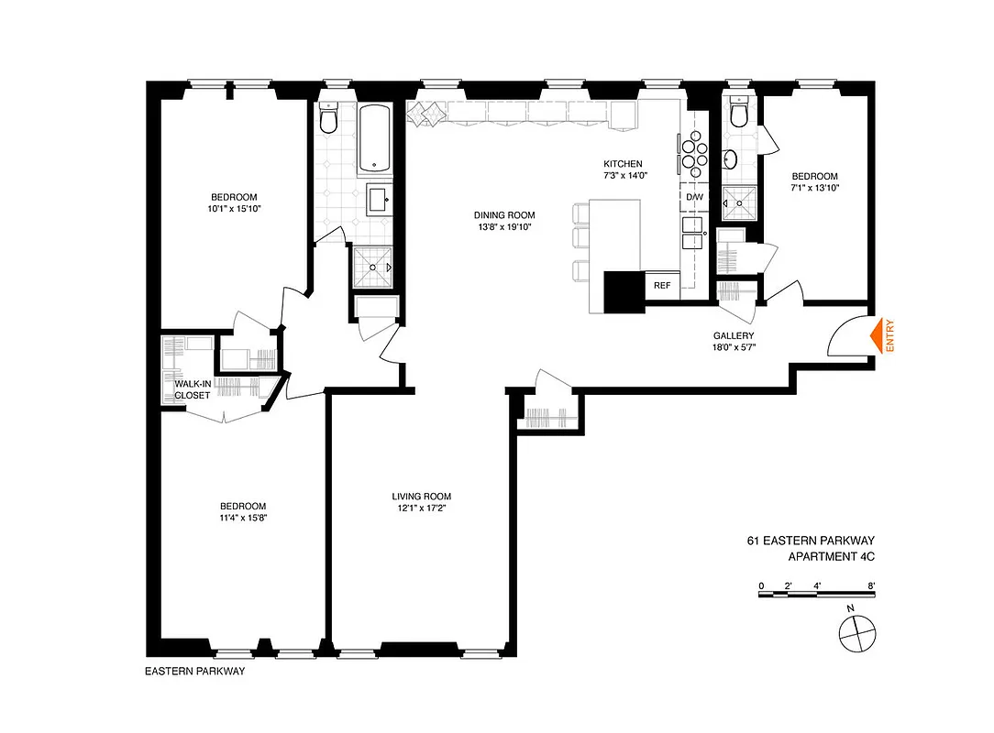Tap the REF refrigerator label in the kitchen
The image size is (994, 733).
pos(662,285)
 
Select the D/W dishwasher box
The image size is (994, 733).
pos(693,197)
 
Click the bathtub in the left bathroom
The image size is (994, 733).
pos(375,138)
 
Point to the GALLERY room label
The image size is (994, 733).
pos(734,335)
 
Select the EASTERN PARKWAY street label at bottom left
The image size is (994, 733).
pos(194,672)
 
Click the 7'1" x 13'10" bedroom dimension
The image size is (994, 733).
pos(814,188)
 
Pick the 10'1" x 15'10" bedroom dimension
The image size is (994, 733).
pos(234,209)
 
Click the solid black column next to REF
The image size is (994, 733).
pos(624,291)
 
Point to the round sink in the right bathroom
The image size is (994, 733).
pos(730,159)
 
